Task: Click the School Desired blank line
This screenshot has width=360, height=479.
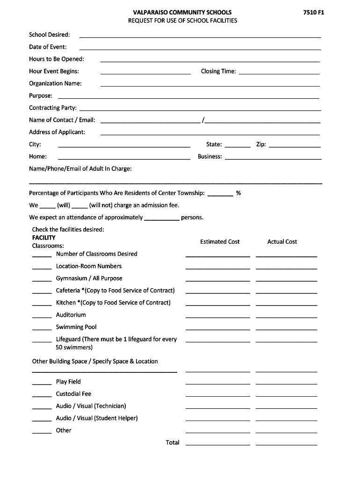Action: click(x=200, y=36)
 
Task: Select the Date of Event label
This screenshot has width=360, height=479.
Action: click(x=48, y=47)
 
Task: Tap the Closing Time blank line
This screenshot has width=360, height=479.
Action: click(x=279, y=73)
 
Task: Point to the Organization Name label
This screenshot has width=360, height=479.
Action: click(x=55, y=83)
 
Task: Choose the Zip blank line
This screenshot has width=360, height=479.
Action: click(x=295, y=146)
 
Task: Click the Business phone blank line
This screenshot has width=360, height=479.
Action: click(x=274, y=159)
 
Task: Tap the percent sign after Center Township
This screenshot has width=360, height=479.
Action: click(x=238, y=193)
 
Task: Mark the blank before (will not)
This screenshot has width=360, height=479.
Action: click(x=80, y=207)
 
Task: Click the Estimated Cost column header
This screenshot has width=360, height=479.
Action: click(x=220, y=242)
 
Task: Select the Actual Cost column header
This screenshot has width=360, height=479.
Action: click(x=282, y=242)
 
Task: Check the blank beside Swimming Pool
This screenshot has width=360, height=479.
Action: click(x=42, y=329)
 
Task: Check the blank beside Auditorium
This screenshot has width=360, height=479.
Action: click(x=42, y=317)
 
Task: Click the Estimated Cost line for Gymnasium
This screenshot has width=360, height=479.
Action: click(x=217, y=281)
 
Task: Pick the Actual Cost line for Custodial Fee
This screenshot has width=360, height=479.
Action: click(x=286, y=396)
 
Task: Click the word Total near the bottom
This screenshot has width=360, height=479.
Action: click(x=173, y=443)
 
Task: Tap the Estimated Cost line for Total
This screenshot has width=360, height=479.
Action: click(x=217, y=444)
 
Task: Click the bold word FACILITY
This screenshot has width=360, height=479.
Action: click(x=43, y=238)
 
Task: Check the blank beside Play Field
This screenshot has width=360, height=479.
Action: click(x=42, y=384)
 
